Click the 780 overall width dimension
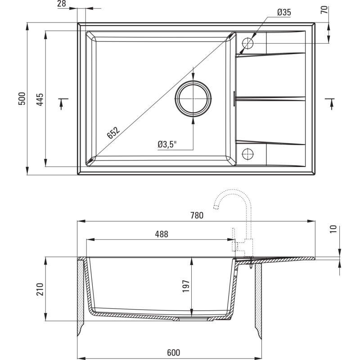197,215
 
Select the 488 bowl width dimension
162,234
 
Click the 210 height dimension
39,289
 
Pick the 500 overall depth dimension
22,99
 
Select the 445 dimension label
40,99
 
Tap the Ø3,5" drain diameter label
167,144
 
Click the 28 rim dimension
62,4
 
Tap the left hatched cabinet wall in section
81,292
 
